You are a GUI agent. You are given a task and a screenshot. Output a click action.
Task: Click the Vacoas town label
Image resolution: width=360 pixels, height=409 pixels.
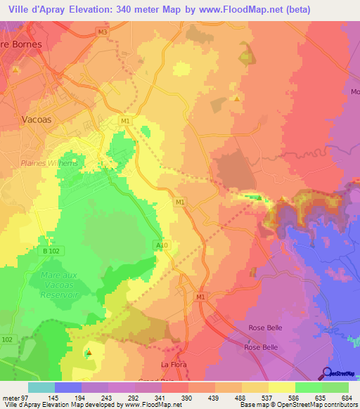(38, 119)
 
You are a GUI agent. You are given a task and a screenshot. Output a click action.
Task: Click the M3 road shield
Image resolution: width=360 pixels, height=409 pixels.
(103, 32)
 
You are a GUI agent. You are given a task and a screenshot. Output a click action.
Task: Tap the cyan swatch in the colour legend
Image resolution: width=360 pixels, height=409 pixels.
(41, 387)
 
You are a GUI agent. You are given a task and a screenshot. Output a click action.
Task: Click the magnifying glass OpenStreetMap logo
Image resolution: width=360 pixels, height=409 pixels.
(327, 373)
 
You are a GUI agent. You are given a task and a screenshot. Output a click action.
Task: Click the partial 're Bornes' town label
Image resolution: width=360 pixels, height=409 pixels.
(22, 44)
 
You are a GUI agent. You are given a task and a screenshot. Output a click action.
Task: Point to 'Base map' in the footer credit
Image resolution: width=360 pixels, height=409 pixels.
(252, 405)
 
